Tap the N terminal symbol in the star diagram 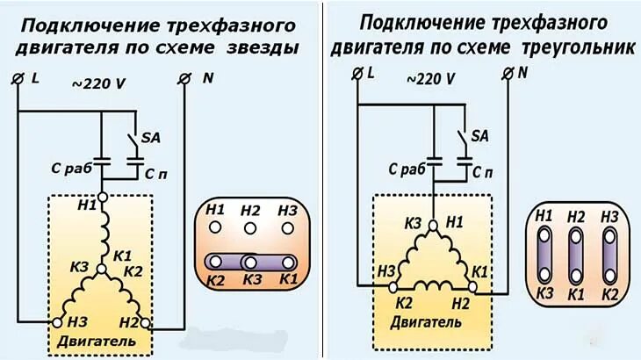(184, 79)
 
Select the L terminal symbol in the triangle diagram (357, 74)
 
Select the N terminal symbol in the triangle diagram (508, 74)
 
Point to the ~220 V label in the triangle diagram (430, 78)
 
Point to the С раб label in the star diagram (68, 167)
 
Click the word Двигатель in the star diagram (85, 339)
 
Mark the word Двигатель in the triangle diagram (424, 322)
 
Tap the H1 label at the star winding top (86, 206)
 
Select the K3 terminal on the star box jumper (250, 263)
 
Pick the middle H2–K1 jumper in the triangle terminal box (576, 255)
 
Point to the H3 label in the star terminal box (286, 211)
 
